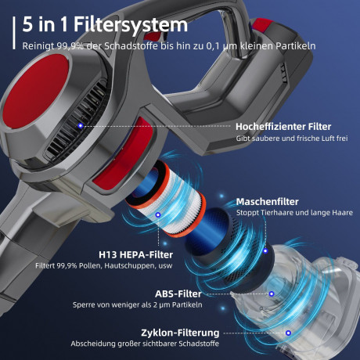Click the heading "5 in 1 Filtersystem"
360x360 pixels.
click(x=105, y=25)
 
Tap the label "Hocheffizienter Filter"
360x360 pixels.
click(x=283, y=127)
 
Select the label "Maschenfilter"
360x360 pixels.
click(x=267, y=202)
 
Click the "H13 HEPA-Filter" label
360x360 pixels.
click(x=135, y=255)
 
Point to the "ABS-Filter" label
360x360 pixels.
click(x=178, y=294)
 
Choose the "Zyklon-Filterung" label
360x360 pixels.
click(x=180, y=333)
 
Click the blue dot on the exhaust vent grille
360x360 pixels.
click(x=81, y=126)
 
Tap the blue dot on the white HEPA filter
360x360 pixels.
click(x=158, y=214)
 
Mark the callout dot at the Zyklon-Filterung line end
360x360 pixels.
click(x=288, y=333)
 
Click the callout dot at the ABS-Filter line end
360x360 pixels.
click(x=272, y=294)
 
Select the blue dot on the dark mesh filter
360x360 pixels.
click(x=265, y=251)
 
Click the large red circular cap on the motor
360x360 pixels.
click(x=36, y=92)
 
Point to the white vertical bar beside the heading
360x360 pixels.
click(x=14, y=33)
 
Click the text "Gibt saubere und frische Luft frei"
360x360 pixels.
click(x=292, y=139)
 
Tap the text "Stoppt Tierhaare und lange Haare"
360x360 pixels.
click(x=294, y=213)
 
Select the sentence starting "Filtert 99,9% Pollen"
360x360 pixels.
click(x=104, y=266)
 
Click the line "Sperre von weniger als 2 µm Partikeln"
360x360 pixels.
click(x=138, y=304)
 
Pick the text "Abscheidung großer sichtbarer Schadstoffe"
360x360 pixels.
click(x=145, y=344)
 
